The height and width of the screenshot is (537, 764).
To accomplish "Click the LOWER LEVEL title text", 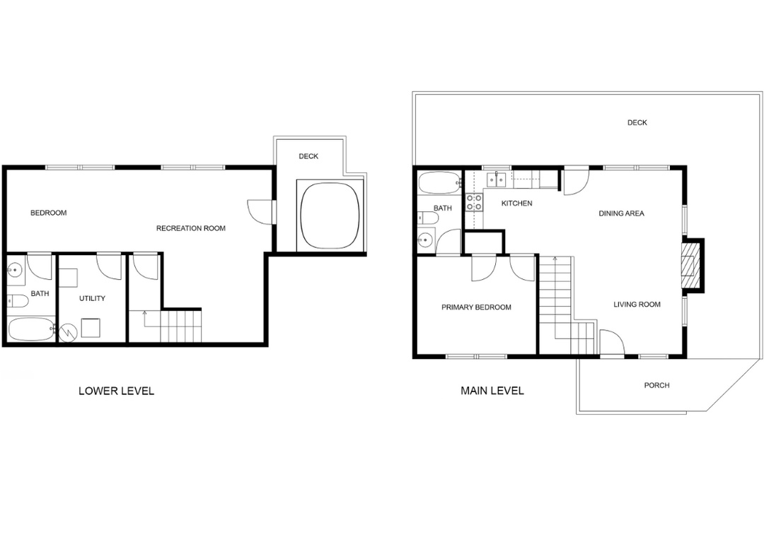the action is point(117,391).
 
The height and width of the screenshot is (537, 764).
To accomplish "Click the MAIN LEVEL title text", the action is point(492,391).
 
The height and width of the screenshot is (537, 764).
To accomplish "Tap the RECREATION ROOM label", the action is point(191,228).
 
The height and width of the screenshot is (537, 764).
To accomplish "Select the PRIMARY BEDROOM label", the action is point(477,307).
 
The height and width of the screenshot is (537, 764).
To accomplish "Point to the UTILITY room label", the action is point(92,298).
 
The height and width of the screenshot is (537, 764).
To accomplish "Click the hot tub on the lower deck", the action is point(331,216).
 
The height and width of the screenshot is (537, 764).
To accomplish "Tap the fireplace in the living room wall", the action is point(689,266).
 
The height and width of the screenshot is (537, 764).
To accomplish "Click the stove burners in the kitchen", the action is point(474,202).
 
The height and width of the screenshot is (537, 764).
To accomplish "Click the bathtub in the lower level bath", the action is point(30,329).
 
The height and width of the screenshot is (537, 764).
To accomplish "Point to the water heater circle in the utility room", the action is point(66,332).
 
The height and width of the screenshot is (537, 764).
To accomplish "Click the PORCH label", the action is point(656,385).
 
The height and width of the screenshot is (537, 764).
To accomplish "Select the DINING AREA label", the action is point(621,213).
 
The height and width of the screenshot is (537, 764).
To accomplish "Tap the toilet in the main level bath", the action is point(427,218).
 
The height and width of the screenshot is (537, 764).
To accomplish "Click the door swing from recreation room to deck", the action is point(260,212).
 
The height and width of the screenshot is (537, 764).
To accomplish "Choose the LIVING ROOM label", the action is point(637,305).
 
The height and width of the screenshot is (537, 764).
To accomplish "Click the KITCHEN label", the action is point(517,203).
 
